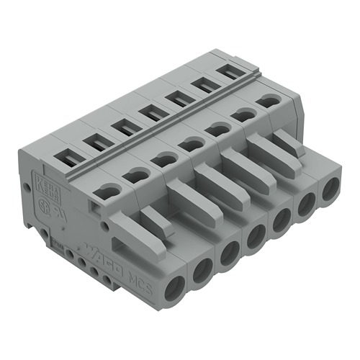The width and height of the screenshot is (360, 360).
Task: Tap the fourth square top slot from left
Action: tap(150, 111)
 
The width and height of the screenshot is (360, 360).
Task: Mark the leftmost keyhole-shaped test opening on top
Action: tap(108, 191)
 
